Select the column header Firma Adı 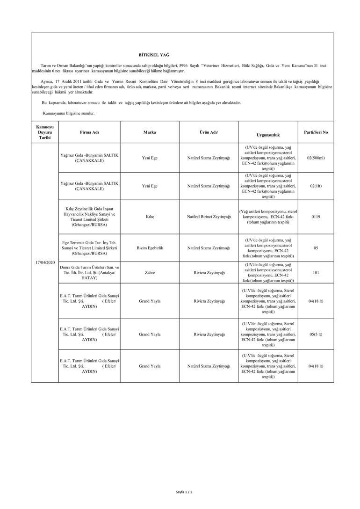(x=89, y=132)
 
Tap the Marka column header (x=150, y=132)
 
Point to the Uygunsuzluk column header (x=268, y=135)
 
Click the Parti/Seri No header (x=316, y=132)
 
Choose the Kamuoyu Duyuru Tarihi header (x=45, y=132)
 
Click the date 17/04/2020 (x=45, y=262)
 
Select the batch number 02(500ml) (x=316, y=158)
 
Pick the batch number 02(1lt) (x=316, y=186)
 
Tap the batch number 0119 (x=316, y=217)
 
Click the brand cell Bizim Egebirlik (x=150, y=248)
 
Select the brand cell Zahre (x=150, y=272)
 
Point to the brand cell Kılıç (x=150, y=217)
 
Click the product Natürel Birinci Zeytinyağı (x=209, y=217)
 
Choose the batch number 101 (x=316, y=272)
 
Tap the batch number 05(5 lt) (x=316, y=334)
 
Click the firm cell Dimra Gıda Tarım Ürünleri (x=89, y=272)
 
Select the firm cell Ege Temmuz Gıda (x=89, y=248)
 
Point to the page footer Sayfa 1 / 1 (x=184, y=492)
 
